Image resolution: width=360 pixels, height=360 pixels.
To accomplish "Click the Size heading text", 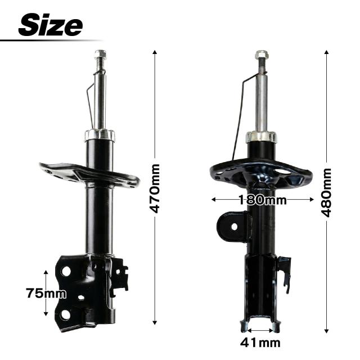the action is tap(51, 25).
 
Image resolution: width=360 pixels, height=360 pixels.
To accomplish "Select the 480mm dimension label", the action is tap(326, 192).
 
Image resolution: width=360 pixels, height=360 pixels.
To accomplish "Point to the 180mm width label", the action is tap(263, 200).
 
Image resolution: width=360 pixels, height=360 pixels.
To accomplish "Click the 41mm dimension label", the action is tap(260, 343).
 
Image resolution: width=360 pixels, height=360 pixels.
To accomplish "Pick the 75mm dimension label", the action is tap(46, 293).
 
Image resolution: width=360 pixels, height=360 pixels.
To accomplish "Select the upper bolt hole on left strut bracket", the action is tap(66, 271).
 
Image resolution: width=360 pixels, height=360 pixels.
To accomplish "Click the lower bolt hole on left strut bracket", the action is tap(66, 315).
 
